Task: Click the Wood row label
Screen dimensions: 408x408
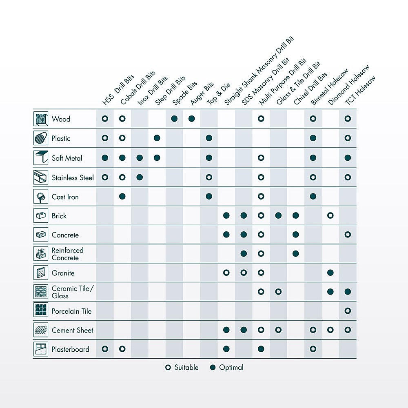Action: coord(61,119)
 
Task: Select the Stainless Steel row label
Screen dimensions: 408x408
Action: coord(73,178)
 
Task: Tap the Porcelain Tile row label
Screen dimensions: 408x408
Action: coord(71,311)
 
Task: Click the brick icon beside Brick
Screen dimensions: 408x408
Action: coord(41,216)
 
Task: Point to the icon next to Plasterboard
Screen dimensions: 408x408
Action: coord(41,349)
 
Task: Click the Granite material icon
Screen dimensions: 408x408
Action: coord(41,273)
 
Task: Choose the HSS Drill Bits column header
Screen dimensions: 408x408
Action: coord(118,90)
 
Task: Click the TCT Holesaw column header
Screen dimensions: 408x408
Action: coord(360,90)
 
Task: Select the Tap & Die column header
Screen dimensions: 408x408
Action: coord(218,94)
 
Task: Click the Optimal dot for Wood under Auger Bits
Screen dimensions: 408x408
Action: coord(192,119)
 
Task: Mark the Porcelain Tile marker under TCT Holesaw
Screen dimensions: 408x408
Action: coord(348,310)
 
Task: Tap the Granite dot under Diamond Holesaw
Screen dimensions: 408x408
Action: coord(330,273)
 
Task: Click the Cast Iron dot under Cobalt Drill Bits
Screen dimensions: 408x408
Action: coord(122,197)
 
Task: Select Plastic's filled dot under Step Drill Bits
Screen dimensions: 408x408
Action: coord(157,138)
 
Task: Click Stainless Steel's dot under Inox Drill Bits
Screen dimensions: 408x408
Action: coord(140,177)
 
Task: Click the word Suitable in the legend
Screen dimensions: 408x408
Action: coord(186,368)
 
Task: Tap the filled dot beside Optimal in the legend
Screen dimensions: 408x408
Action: coord(213,368)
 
